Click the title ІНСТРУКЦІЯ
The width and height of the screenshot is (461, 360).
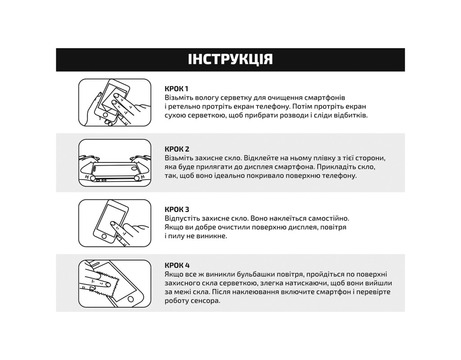tap(230, 59)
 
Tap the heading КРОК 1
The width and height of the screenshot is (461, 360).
tap(176, 89)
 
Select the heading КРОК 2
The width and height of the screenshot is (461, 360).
tap(177, 149)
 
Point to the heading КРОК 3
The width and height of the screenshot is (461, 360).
tap(177, 210)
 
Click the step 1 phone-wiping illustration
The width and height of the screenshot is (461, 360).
tap(115, 103)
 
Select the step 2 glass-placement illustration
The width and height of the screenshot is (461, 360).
tap(115, 163)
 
